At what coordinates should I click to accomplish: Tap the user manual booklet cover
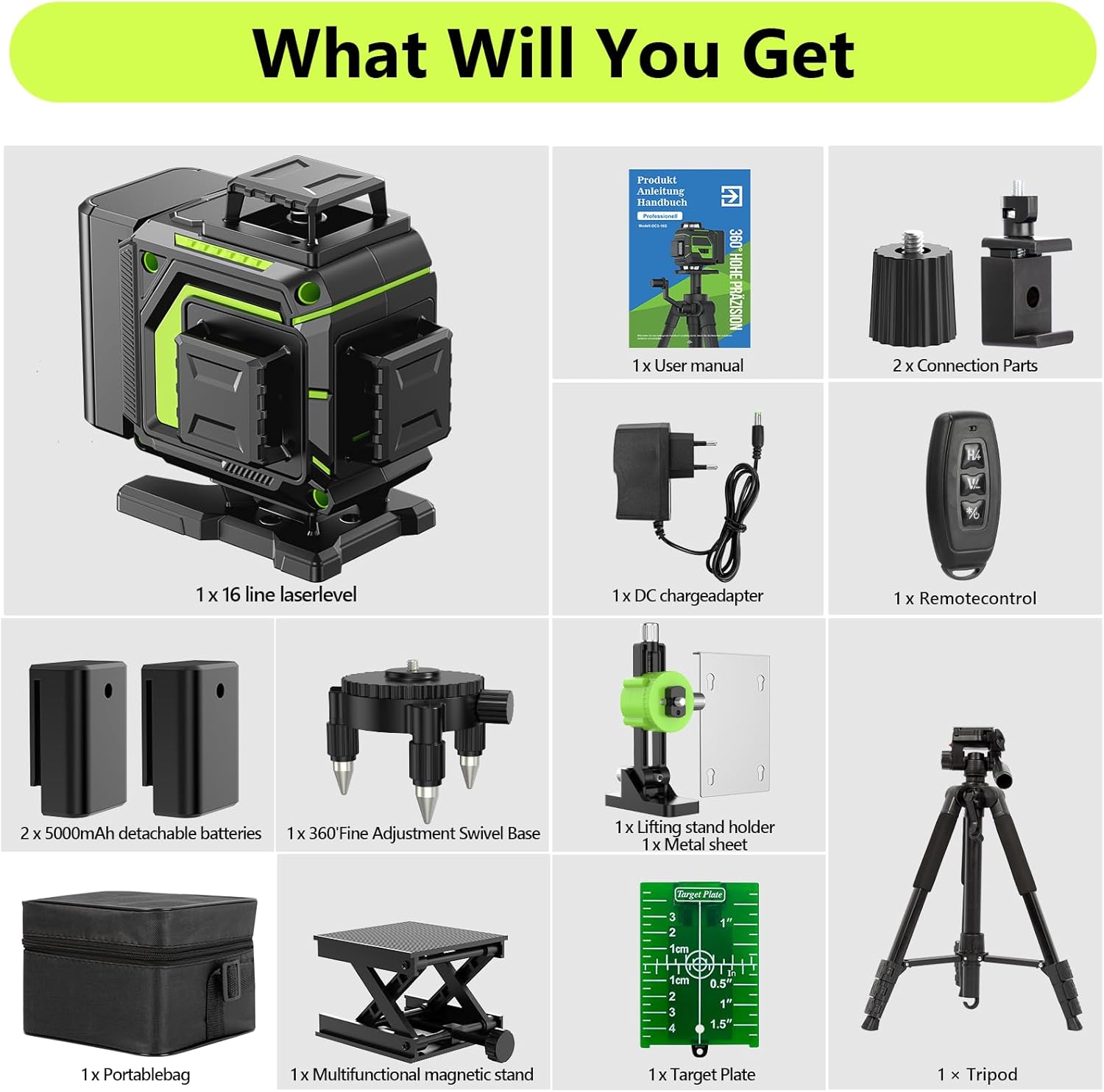point(689,258)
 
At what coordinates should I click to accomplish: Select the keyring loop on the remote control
point(965,571)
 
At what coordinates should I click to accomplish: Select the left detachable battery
point(78,737)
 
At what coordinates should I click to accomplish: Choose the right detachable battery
point(190,737)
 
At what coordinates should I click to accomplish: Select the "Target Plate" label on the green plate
point(699,894)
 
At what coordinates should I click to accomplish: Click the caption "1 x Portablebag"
point(135,1074)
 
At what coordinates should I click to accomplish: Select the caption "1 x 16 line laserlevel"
point(276,595)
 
